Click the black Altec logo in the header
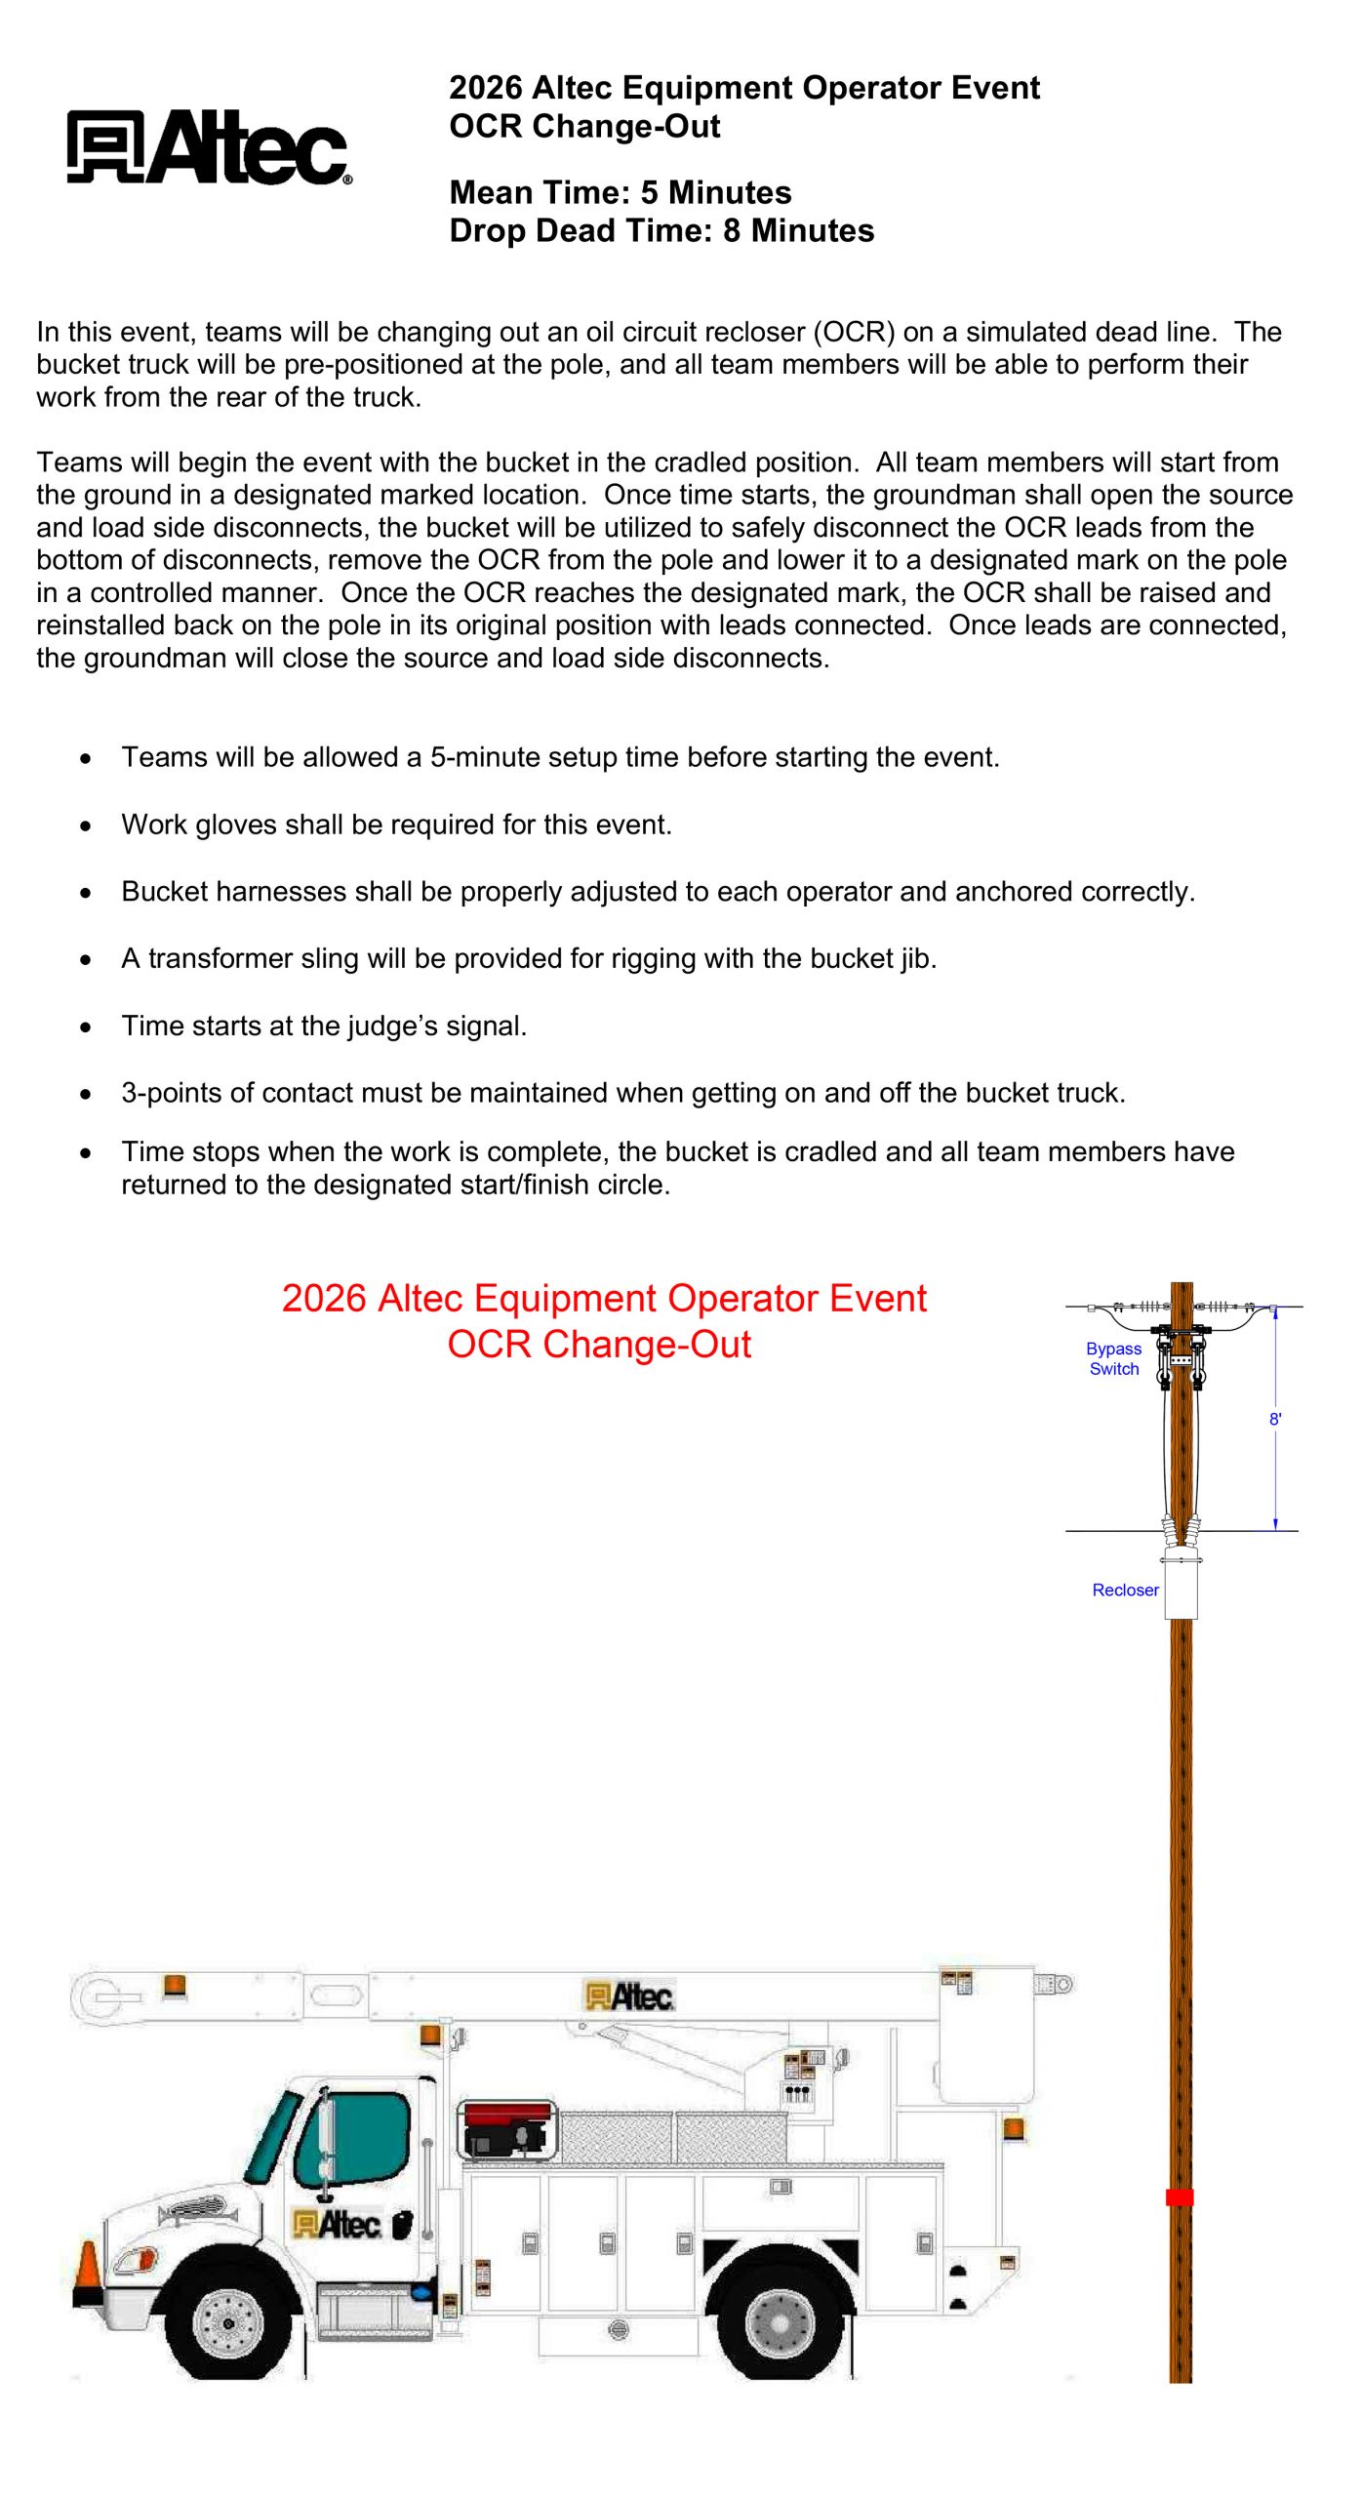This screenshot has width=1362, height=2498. pos(209,146)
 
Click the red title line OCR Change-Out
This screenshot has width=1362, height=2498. pos(599,1345)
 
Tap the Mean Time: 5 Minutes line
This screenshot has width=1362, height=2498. pos(620,192)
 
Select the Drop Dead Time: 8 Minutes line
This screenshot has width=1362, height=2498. pos(661,231)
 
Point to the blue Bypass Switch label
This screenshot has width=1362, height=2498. pos(1113,1358)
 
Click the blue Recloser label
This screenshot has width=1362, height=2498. pos(1125,1590)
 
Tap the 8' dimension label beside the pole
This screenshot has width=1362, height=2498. pos(1274,1419)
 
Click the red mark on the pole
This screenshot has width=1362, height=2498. pos(1180,2196)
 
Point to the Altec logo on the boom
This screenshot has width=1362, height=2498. pos(629,1996)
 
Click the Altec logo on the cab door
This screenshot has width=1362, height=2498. pos(337,2225)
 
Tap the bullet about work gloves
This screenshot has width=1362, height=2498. pos(396,825)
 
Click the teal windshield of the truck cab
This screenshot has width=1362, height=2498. pos(273,2137)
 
